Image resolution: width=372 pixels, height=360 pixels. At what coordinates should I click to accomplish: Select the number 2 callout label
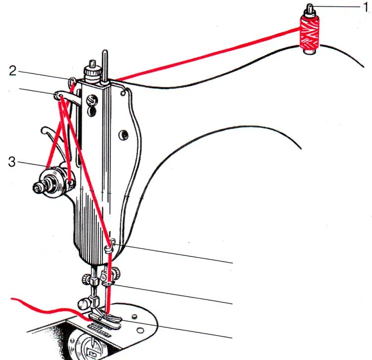[13, 71]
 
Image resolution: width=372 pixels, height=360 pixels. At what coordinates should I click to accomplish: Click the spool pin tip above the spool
[310, 7]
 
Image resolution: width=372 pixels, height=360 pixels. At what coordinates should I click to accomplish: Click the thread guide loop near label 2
[72, 80]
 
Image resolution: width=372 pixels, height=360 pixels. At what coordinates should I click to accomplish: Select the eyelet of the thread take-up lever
[58, 94]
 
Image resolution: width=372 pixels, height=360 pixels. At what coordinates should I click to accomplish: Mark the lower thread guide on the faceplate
[112, 243]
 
